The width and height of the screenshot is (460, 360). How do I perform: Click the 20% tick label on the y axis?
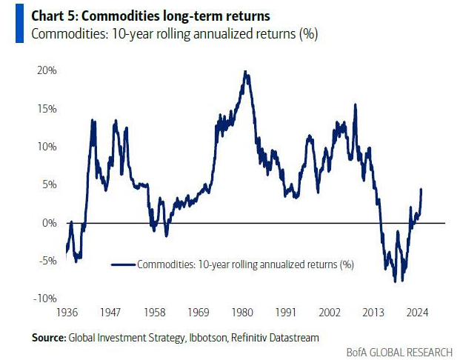point(46,70)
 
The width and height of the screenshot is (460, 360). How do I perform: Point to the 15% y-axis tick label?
point(46,108)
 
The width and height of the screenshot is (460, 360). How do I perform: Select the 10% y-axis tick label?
point(46,147)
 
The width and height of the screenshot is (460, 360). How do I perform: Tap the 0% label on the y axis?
point(49,222)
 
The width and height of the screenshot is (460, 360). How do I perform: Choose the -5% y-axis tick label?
point(47,260)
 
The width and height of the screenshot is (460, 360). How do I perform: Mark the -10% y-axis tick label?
point(44,298)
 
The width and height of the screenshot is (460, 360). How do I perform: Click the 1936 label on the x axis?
point(68,313)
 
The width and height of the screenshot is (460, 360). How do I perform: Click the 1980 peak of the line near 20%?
point(245,72)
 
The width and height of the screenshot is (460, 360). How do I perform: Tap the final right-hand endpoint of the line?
point(421,190)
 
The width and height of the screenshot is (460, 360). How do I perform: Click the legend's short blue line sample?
point(123,263)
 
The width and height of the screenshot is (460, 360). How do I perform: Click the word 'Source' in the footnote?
point(48,338)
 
